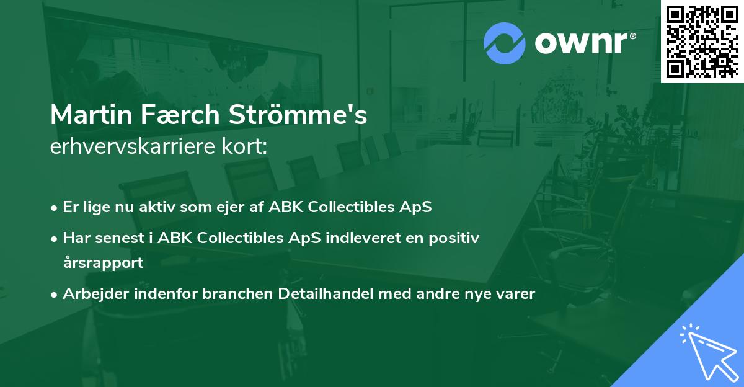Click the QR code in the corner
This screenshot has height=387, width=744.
click(x=702, y=42)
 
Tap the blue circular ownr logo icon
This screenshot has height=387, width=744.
click(x=505, y=43)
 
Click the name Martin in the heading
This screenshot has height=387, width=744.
click(x=91, y=115)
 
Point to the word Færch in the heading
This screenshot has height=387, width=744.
click(x=180, y=115)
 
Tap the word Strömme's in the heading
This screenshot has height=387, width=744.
click(x=298, y=115)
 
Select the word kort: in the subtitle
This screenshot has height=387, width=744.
click(x=244, y=146)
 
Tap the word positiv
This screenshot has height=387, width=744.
click(x=454, y=239)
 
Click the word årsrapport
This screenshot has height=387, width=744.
click(x=104, y=263)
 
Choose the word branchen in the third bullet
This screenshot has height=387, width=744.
click(x=237, y=293)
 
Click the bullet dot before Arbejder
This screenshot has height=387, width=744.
click(x=54, y=295)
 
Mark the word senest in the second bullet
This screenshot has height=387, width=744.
click(x=120, y=239)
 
